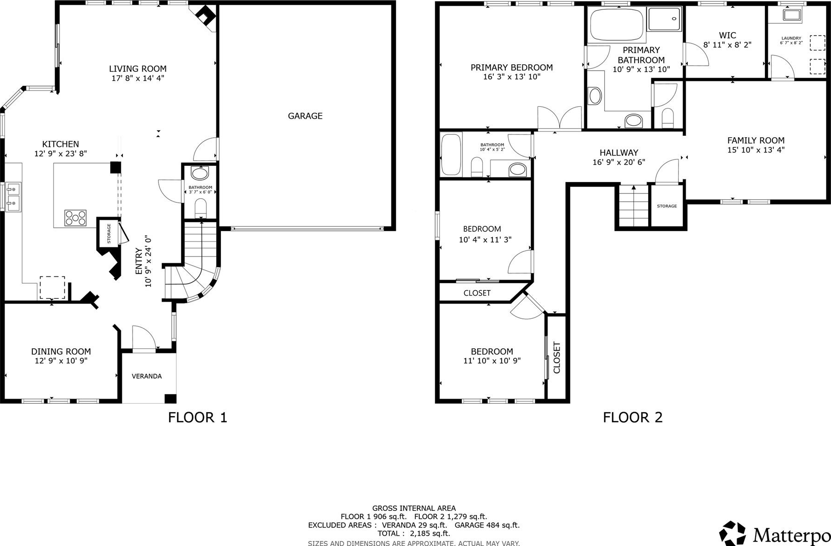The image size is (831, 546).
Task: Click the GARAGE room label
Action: pos(305,116)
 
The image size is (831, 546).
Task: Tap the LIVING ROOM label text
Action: pos(138,69)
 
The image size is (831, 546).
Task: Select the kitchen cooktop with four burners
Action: pos(75,218)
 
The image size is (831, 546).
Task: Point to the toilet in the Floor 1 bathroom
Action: pos(200,207)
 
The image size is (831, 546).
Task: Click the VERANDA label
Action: pos(147,376)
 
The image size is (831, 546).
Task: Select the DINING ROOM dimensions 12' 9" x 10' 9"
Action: pos(61,361)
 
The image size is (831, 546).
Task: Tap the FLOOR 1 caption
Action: pos(198,418)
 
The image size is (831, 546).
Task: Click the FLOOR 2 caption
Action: pos(633,418)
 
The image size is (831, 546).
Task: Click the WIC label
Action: pos(728,36)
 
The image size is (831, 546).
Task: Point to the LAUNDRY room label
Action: pos(791,38)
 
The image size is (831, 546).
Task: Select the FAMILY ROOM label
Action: pos(756,140)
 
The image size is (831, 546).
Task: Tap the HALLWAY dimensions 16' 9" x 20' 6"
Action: pos(619,162)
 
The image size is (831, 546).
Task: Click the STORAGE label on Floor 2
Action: pos(667,206)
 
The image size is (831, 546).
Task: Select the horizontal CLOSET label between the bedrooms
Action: pos(477,293)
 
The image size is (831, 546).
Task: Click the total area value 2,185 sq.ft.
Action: pos(423,534)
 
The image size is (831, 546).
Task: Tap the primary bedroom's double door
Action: pos(559,119)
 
